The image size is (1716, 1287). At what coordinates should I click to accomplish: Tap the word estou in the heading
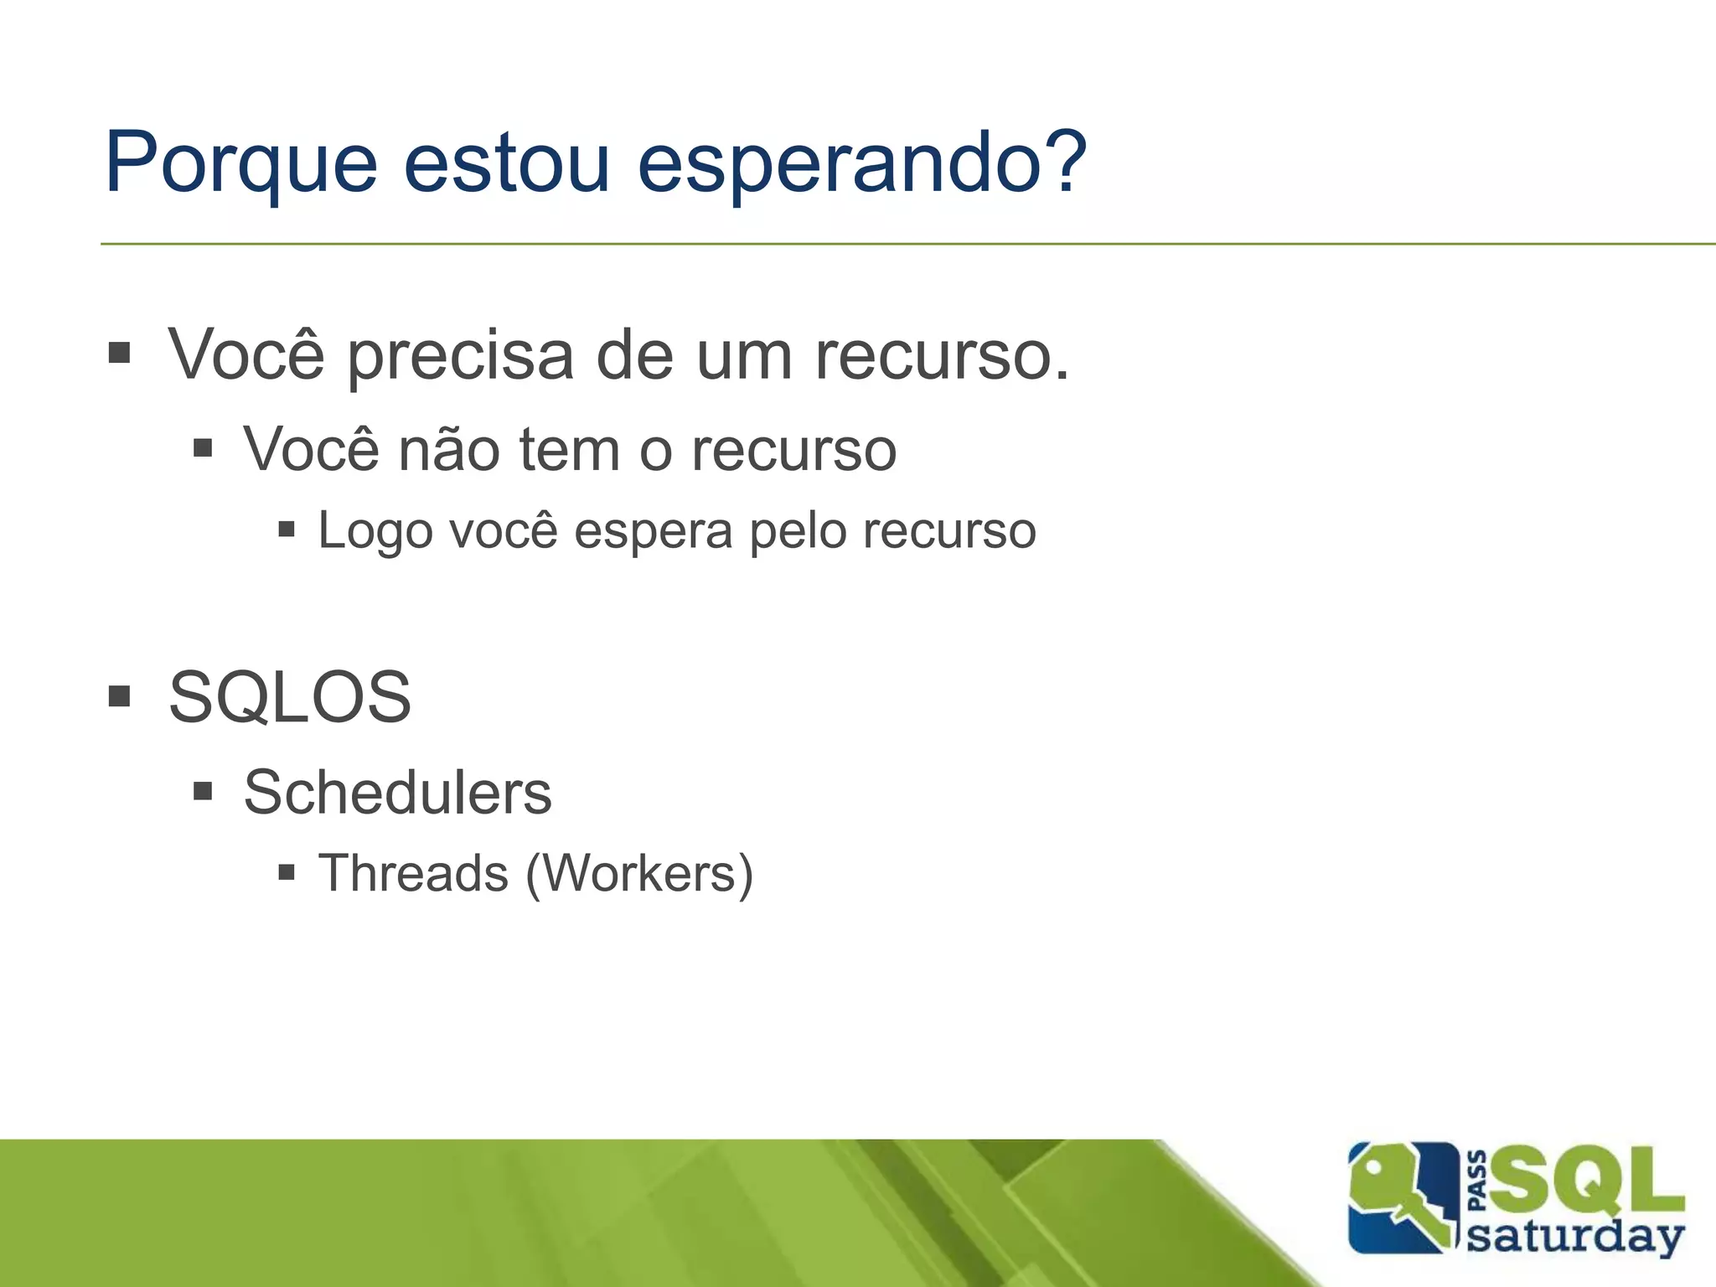(506, 162)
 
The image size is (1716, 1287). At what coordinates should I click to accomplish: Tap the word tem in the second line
(571, 450)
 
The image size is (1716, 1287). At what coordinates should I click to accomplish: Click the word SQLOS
(290, 697)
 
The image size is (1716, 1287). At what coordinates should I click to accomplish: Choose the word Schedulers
(397, 793)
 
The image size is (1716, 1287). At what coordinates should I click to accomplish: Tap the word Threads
(413, 873)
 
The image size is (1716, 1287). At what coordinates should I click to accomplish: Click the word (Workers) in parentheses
(639, 874)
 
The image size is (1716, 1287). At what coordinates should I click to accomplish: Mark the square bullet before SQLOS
(120, 695)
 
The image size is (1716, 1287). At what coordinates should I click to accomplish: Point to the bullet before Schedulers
(203, 791)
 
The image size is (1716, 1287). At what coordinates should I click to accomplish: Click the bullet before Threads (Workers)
(287, 873)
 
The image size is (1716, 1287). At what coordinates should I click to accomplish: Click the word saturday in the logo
(1575, 1237)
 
